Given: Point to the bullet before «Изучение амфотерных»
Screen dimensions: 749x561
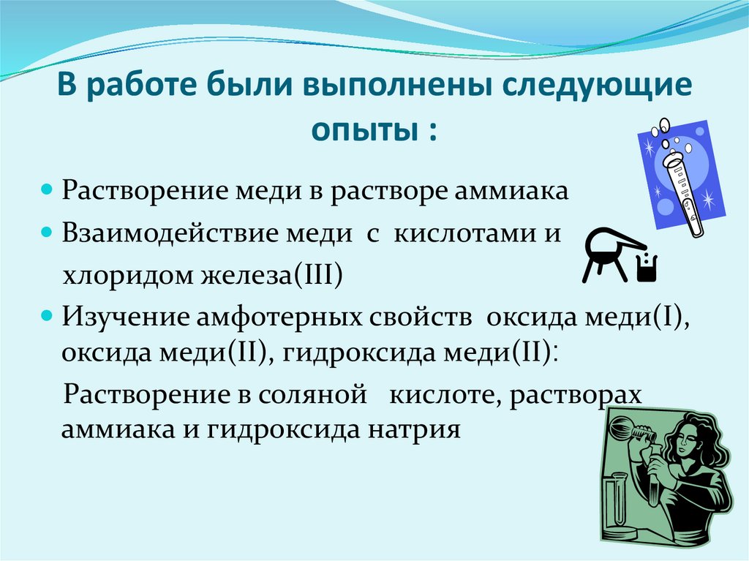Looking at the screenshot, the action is point(47,316).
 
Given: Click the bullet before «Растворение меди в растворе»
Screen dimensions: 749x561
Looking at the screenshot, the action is point(47,189).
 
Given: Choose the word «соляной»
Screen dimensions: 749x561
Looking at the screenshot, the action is point(312,395).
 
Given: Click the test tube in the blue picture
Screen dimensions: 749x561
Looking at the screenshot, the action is point(684,195).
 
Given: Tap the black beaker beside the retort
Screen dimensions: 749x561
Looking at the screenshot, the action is point(647,268).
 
